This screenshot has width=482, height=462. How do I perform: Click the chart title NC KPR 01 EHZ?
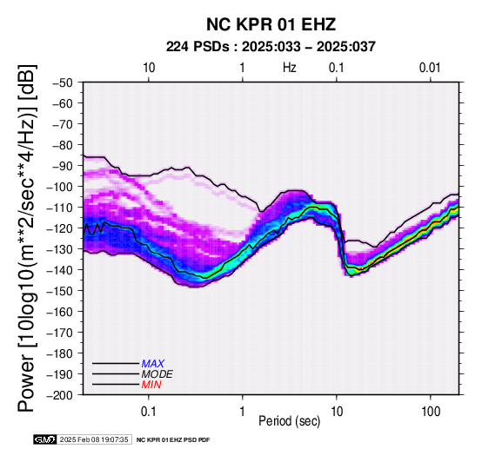pyautogui.click(x=271, y=24)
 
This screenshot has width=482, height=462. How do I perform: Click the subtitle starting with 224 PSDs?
pyautogui.click(x=271, y=47)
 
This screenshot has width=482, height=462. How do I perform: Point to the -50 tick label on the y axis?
pyautogui.click(x=62, y=82)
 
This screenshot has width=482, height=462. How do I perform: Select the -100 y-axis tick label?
pyautogui.click(x=60, y=187)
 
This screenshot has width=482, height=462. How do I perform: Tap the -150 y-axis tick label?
pyautogui.click(x=60, y=291)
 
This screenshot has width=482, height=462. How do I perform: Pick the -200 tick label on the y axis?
pyautogui.click(x=60, y=395)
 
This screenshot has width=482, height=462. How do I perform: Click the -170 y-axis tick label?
pyautogui.click(x=60, y=333)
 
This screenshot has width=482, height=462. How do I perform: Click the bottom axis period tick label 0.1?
pyautogui.click(x=149, y=411)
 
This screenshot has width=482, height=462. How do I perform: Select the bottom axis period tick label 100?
pyautogui.click(x=431, y=411)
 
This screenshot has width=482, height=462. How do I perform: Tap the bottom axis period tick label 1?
pyautogui.click(x=243, y=411)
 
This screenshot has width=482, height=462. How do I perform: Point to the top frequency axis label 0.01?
pyautogui.click(x=430, y=68)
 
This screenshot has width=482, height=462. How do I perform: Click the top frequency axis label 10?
pyautogui.click(x=149, y=68)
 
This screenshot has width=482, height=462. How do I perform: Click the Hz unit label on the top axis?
pyautogui.click(x=290, y=68)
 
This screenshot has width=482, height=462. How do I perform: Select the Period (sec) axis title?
pyautogui.click(x=290, y=421)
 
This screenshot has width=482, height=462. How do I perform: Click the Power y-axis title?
pyautogui.click(x=27, y=238)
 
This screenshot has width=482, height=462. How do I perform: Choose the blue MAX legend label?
pyautogui.click(x=153, y=364)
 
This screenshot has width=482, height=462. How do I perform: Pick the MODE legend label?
pyautogui.click(x=157, y=374)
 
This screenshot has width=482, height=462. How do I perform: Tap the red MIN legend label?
pyautogui.click(x=151, y=385)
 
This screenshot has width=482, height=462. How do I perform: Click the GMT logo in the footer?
pyautogui.click(x=45, y=439)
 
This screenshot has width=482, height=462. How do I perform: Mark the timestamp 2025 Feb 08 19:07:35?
pyautogui.click(x=94, y=439)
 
